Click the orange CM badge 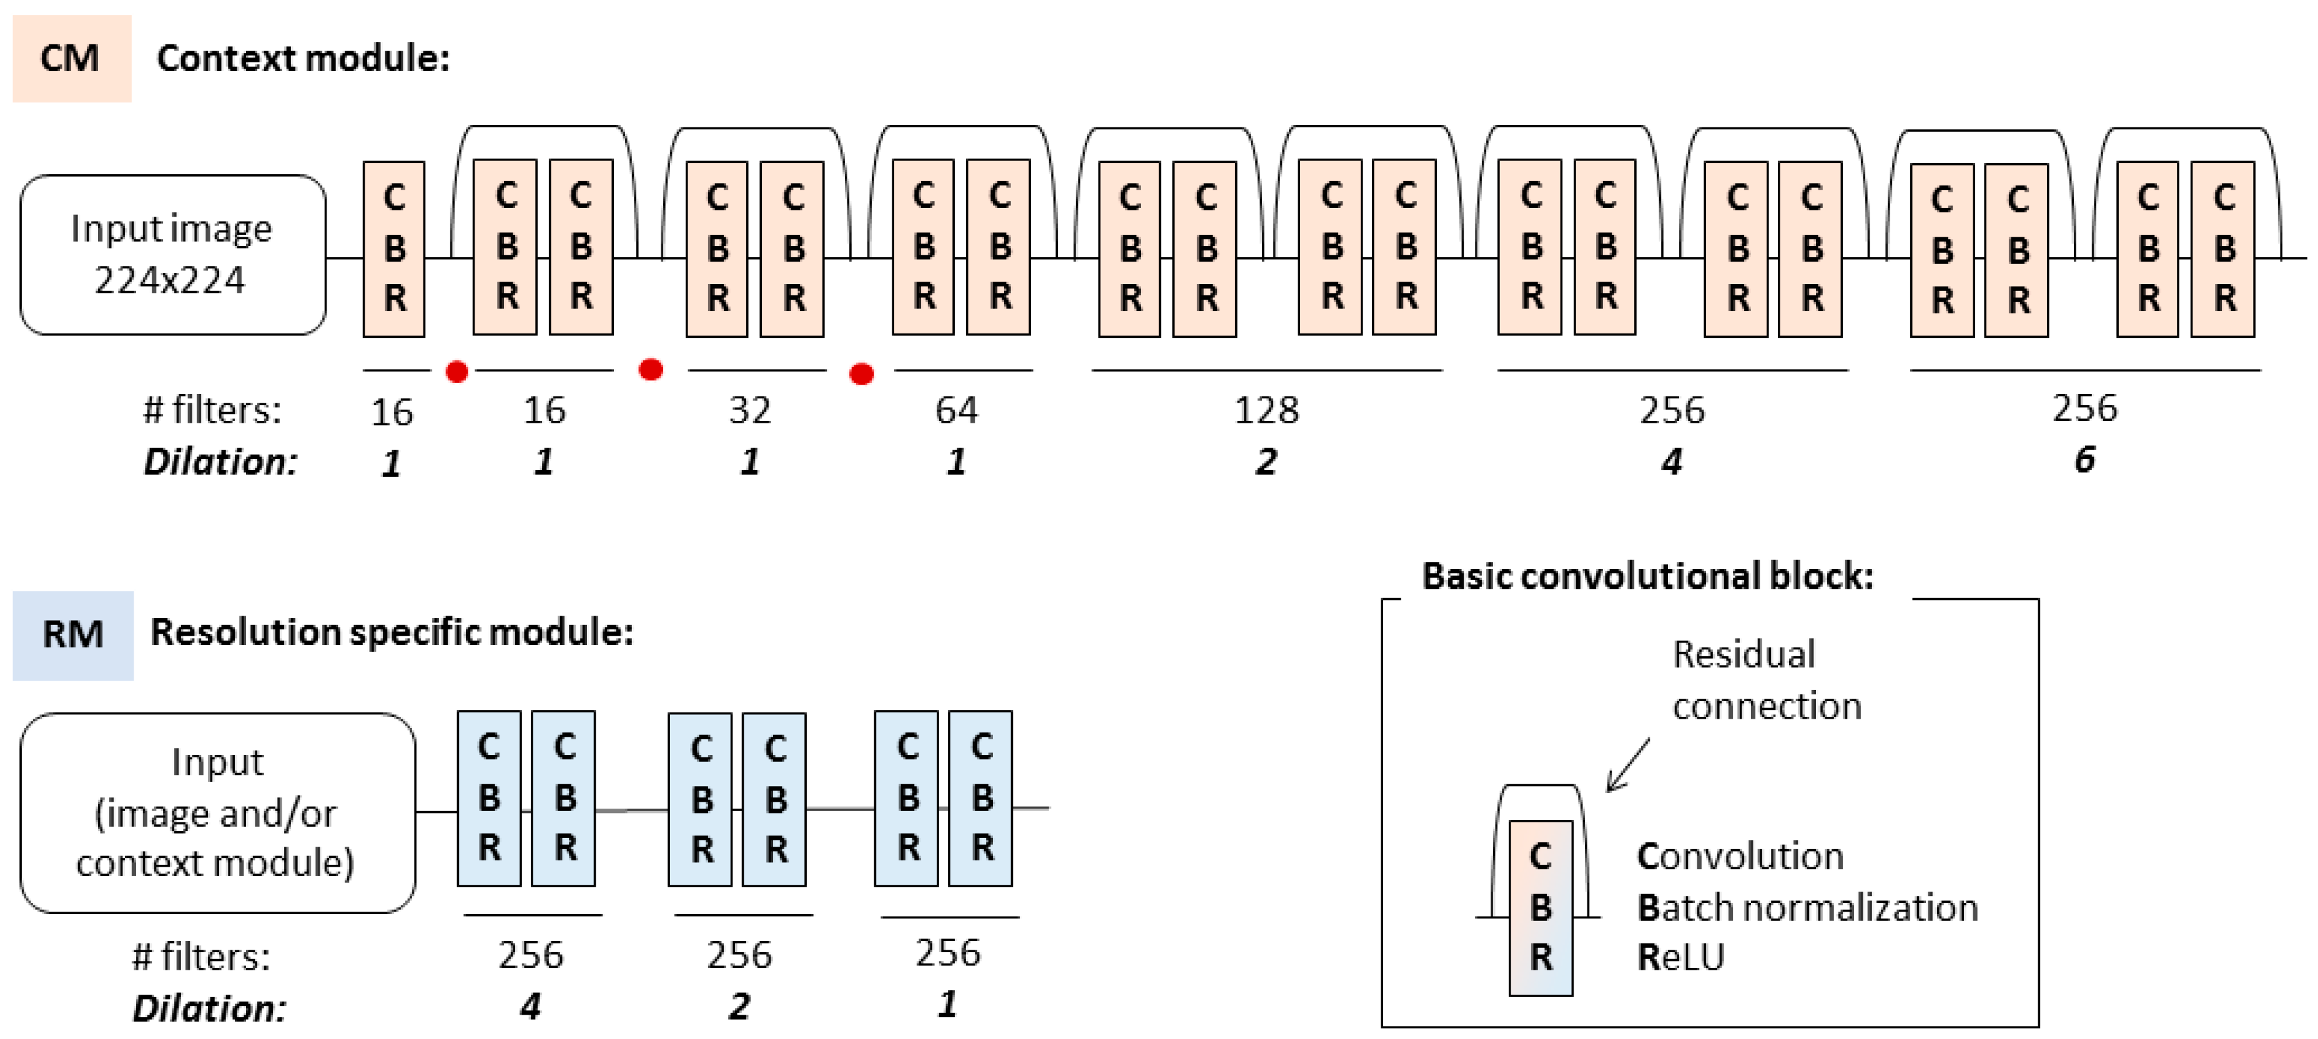tap(71, 59)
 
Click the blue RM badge tap(73, 634)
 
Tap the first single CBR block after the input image tap(394, 249)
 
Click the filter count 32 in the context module tap(749, 410)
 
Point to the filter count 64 tap(955, 410)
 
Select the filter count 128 tap(1266, 410)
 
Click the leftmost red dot tap(457, 372)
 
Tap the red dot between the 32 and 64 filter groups tap(861, 373)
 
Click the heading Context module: tap(302, 59)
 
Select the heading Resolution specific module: tap(392, 633)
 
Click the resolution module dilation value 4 tap(530, 1006)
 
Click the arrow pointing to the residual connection tap(1627, 766)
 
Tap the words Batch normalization tap(1807, 908)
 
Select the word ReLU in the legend tap(1679, 957)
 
